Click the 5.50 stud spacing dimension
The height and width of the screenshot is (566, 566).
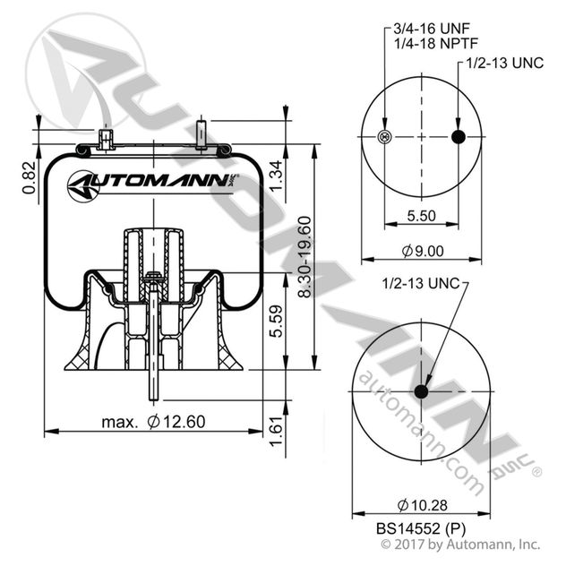422,216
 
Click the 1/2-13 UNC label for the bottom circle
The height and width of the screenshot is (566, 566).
419,284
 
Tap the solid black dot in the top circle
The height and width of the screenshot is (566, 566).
459,137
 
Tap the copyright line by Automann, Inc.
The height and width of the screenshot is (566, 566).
460,544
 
